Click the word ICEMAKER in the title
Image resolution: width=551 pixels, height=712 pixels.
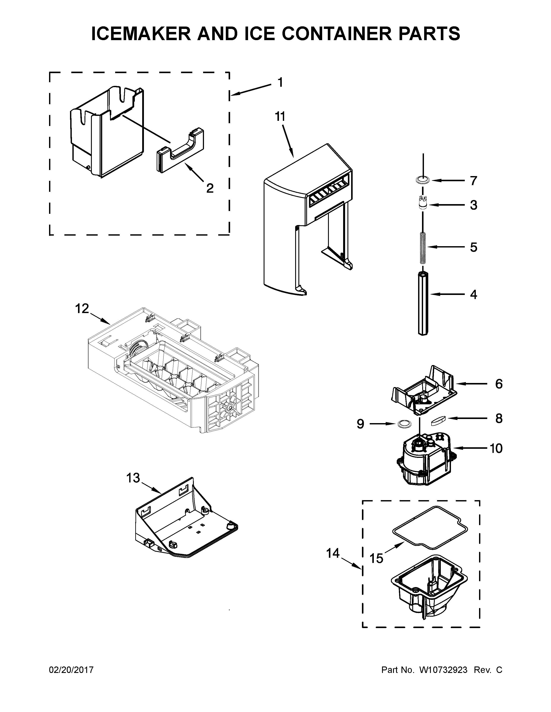(x=141, y=34)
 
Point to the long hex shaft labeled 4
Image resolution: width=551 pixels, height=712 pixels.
(x=423, y=302)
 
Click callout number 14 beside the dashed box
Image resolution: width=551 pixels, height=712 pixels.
(x=333, y=553)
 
